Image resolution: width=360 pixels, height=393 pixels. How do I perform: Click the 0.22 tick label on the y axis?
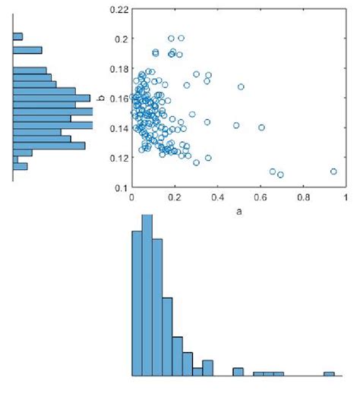[118, 9]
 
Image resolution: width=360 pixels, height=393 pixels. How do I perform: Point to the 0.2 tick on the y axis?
[121, 39]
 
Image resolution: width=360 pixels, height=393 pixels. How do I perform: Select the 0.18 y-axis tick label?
[118, 68]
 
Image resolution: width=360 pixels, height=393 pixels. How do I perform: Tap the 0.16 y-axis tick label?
[118, 98]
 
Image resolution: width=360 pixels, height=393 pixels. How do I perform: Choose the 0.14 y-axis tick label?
[118, 127]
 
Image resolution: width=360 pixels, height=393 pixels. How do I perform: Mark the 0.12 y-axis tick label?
[118, 157]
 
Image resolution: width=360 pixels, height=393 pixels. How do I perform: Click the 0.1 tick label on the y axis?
[121, 187]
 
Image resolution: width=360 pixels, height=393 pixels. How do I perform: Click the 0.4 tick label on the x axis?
[217, 197]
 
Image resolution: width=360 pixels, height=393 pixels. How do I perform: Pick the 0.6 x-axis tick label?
[261, 197]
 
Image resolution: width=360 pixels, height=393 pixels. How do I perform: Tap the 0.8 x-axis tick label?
[303, 197]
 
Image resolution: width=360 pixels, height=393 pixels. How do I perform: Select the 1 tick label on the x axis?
[346, 197]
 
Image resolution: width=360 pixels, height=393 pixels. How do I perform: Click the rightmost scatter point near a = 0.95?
[334, 171]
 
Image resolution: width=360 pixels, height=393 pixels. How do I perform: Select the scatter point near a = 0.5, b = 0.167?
[241, 86]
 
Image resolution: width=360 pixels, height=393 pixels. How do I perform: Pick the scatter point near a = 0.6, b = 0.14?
[261, 127]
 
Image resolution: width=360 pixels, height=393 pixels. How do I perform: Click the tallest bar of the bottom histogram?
[147, 296]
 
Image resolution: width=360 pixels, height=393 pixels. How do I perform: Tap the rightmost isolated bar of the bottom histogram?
[329, 373]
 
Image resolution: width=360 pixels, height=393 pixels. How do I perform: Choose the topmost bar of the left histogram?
[18, 36]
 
